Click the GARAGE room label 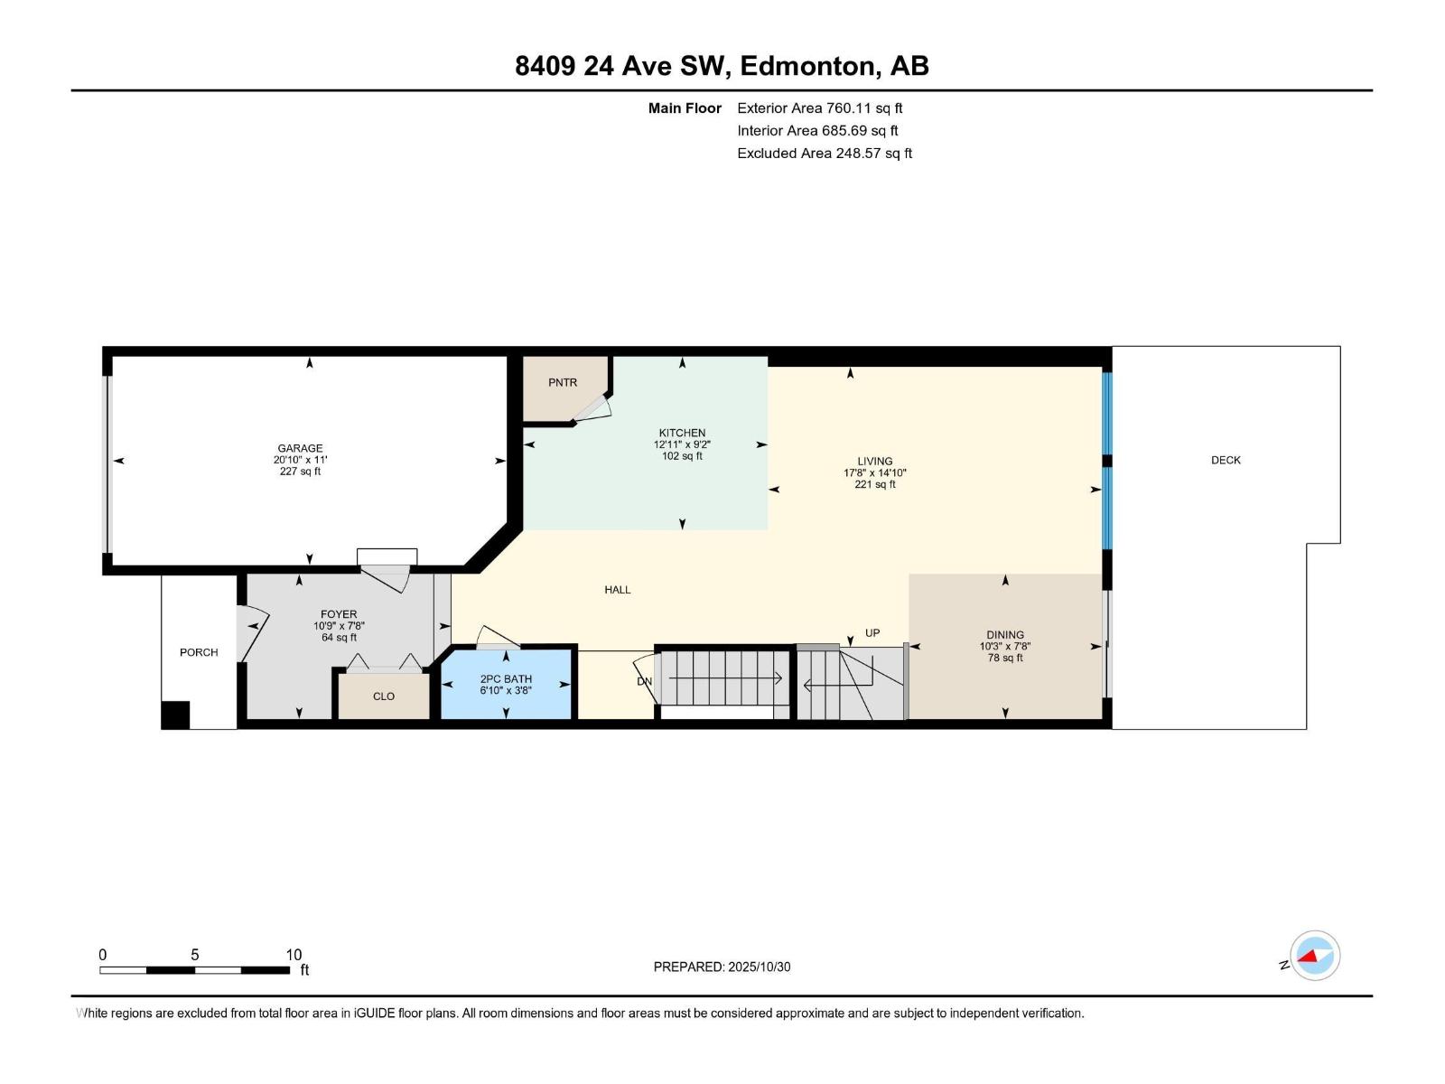click(x=300, y=448)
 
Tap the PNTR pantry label click(x=562, y=383)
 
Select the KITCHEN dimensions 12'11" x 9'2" click(x=682, y=444)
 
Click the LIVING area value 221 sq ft click(x=874, y=485)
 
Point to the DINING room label click(x=1004, y=635)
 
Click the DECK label click(x=1226, y=461)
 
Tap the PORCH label click(x=199, y=652)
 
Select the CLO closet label click(x=384, y=696)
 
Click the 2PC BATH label click(x=506, y=679)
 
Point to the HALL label click(x=618, y=590)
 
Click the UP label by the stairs click(x=872, y=633)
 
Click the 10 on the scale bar click(x=294, y=955)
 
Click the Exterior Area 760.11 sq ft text click(x=819, y=108)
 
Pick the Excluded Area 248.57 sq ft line click(x=824, y=154)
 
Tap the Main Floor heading click(x=685, y=108)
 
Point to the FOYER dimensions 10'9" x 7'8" click(x=339, y=626)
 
